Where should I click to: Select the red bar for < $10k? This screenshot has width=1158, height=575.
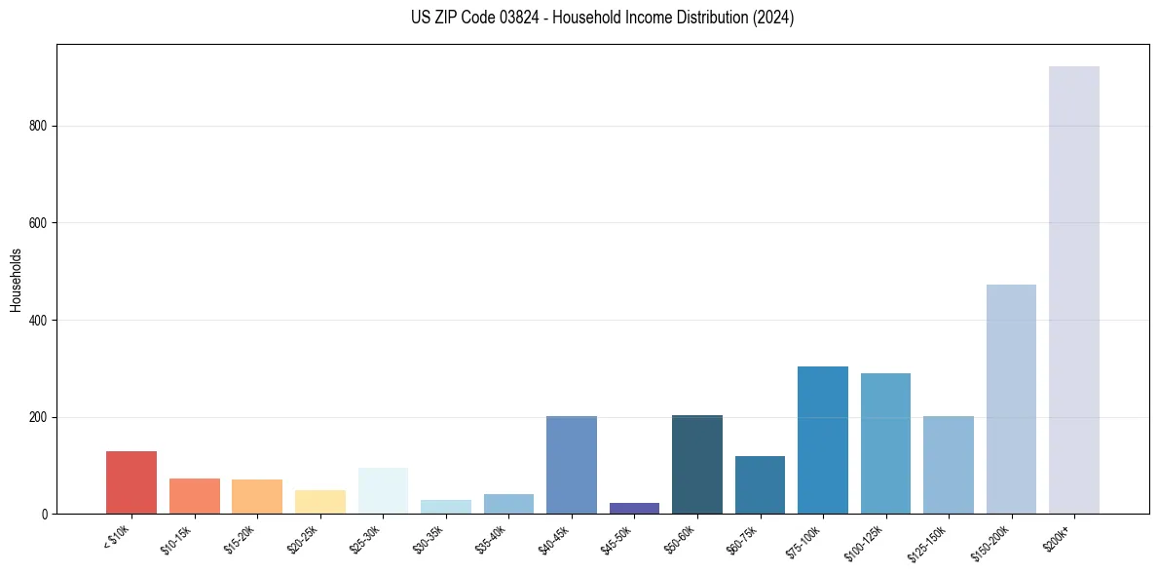click(x=131, y=482)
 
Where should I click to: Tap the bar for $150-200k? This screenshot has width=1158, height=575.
click(x=1011, y=400)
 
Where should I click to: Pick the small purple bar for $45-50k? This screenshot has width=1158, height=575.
click(x=634, y=508)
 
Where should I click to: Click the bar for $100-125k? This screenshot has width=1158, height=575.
click(x=885, y=443)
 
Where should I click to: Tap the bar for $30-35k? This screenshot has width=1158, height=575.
click(x=446, y=507)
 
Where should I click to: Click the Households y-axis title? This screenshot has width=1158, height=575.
click(x=16, y=280)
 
